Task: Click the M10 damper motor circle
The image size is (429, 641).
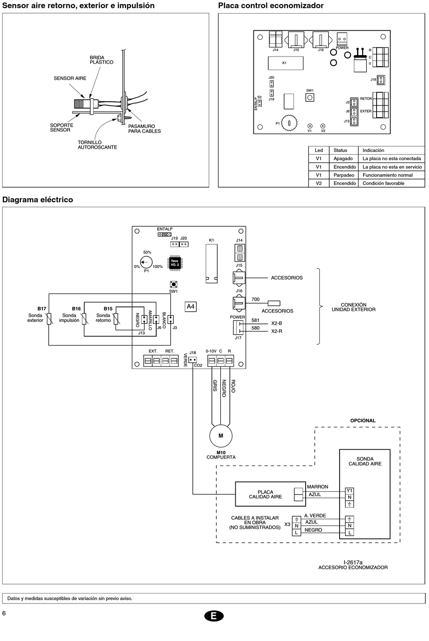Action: coord(221,436)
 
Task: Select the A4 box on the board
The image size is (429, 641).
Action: coord(191,307)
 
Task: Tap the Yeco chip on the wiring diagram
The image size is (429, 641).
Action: coord(175,262)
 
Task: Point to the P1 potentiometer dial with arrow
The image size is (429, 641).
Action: coord(146,262)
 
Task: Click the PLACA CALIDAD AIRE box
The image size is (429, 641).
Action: coord(270,494)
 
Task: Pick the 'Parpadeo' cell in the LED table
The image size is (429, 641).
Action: coord(344,175)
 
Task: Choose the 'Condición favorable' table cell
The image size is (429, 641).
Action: coord(383,183)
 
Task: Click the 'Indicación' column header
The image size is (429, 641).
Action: coord(373,151)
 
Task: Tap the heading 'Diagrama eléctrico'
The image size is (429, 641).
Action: coord(37,199)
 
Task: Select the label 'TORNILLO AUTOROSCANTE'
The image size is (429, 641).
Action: coord(98,145)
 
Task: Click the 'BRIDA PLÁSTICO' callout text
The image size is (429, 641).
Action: coord(102,60)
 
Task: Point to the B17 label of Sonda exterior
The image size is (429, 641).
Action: coord(42,309)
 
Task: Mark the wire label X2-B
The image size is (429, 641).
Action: coord(276,323)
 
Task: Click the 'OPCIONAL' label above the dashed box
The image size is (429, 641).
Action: coord(363,421)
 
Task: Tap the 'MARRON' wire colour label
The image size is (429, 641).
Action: coord(317,487)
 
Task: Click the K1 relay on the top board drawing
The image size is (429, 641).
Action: coord(285,63)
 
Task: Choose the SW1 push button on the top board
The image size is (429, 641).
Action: coord(310,97)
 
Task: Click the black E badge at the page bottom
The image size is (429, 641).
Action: coord(214,616)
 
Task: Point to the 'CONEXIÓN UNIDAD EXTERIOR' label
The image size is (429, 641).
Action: coord(354,307)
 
